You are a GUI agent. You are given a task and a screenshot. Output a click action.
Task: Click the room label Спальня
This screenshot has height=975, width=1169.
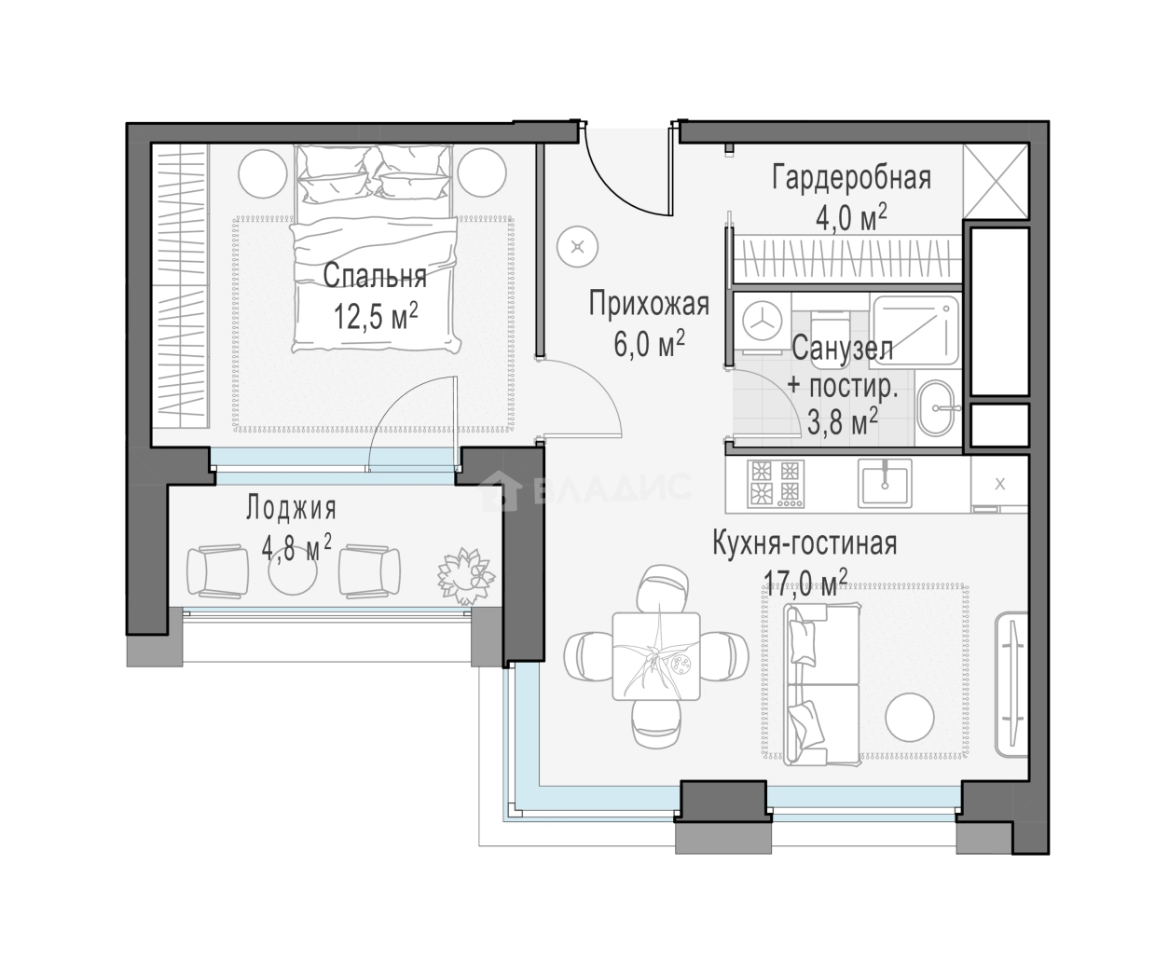(375, 276)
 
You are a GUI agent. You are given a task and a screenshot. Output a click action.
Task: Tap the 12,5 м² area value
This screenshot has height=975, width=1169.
(376, 316)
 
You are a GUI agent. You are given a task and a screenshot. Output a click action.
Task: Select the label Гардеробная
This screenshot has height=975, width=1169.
(851, 178)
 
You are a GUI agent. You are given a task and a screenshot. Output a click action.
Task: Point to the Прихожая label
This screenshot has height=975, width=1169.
(649, 304)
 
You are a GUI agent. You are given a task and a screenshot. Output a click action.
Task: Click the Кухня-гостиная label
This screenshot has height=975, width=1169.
(805, 542)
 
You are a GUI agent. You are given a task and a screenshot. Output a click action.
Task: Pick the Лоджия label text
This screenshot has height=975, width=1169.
(292, 508)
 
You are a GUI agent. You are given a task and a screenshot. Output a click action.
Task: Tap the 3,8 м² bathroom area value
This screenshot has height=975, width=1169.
(842, 421)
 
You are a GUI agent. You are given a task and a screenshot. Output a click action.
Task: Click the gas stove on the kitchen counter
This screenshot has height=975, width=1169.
(776, 484)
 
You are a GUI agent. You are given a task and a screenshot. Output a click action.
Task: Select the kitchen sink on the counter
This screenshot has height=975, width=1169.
(886, 484)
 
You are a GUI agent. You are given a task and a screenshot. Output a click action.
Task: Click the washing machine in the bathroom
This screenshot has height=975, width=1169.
(762, 323)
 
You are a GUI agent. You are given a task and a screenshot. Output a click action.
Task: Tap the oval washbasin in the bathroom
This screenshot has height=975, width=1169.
(936, 408)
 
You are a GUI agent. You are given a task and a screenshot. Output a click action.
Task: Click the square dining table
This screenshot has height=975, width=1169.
(656, 656)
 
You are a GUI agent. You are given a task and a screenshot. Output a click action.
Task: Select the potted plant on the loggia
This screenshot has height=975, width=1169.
(466, 576)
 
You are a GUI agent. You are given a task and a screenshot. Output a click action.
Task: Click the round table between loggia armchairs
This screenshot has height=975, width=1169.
(293, 570)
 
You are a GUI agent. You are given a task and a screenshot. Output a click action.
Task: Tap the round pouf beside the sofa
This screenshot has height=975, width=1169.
(910, 718)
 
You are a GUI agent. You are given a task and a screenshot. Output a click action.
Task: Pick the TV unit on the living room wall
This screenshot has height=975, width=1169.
(1011, 686)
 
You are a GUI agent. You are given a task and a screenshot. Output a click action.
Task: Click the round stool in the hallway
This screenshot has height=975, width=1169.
(578, 247)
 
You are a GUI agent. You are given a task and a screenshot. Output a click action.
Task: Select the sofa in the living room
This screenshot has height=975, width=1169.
(821, 684)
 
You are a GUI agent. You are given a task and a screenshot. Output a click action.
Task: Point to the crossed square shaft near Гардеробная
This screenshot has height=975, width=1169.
(996, 182)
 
